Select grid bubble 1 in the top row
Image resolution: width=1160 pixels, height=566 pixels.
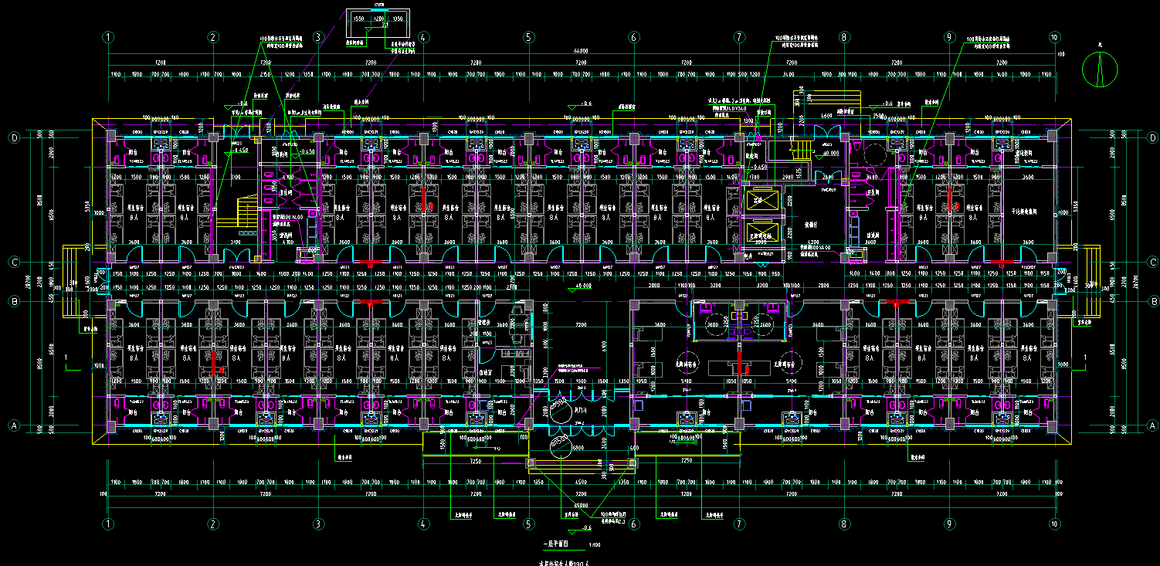click(109, 37)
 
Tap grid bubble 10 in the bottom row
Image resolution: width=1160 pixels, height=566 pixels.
click(1055, 524)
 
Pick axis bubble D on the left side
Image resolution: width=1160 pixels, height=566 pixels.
click(13, 137)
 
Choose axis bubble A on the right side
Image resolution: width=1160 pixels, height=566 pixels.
click(1152, 425)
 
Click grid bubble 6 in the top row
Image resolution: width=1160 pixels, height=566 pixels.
click(633, 37)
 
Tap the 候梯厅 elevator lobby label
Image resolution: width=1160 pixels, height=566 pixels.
click(811, 225)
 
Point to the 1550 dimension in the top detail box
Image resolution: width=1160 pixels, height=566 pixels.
click(358, 19)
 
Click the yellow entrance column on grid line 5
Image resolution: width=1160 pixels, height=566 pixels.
click(530, 463)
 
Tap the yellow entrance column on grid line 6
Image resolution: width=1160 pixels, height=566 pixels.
click(633, 463)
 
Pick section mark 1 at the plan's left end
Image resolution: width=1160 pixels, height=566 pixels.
click(67, 358)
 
